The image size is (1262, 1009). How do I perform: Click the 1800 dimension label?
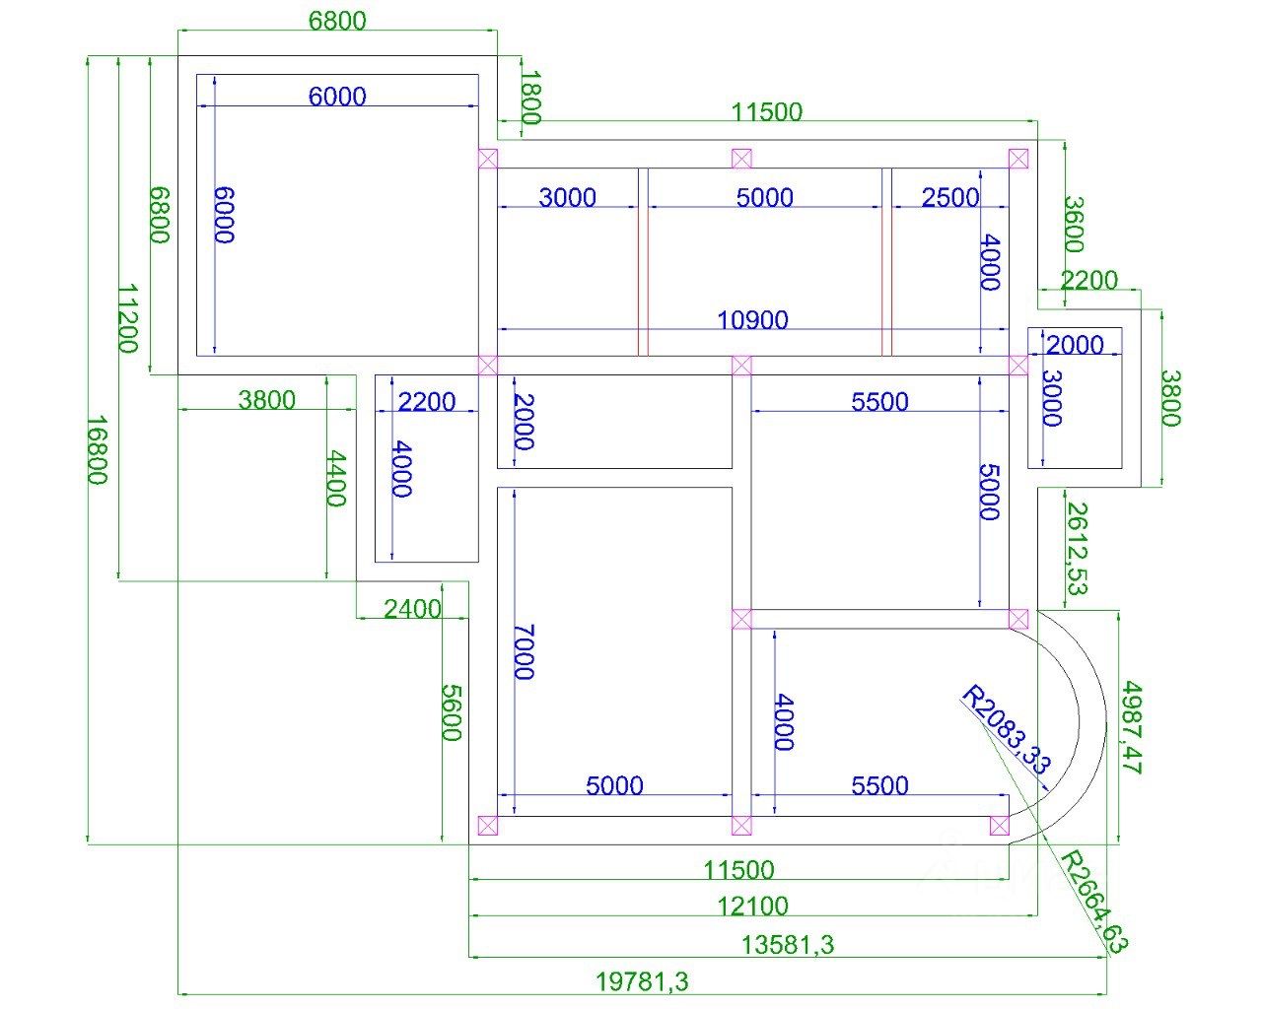click(x=530, y=98)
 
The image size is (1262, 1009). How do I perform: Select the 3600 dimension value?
click(x=1073, y=225)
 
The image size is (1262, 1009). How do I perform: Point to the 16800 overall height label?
click(x=97, y=449)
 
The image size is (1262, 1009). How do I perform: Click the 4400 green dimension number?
click(x=336, y=478)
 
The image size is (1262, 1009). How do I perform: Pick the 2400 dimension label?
click(x=412, y=609)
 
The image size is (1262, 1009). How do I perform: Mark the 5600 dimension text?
click(x=452, y=712)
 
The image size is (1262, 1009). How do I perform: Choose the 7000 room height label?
click(x=524, y=651)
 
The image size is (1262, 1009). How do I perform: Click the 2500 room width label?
click(x=950, y=198)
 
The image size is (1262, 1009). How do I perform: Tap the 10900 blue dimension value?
click(x=752, y=320)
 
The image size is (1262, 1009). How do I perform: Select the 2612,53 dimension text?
click(x=1077, y=549)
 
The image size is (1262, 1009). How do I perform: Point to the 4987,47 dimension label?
click(x=1131, y=727)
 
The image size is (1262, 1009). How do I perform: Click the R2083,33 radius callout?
click(x=1006, y=728)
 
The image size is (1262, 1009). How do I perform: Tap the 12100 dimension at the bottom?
click(x=752, y=906)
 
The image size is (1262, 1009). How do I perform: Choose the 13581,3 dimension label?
click(x=787, y=945)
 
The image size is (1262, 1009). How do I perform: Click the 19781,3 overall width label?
click(x=642, y=982)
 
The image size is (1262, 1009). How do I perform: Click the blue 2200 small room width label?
click(x=427, y=402)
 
